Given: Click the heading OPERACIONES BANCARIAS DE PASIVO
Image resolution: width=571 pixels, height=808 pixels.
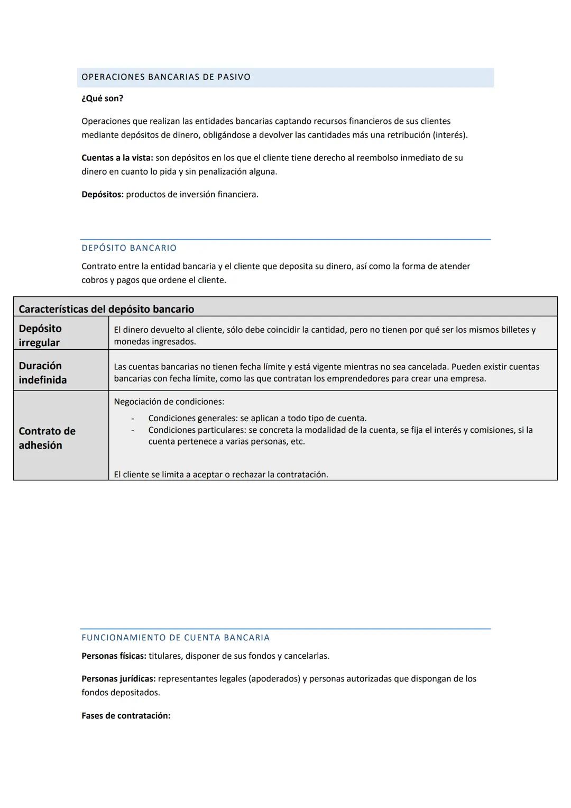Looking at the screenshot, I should (166, 77).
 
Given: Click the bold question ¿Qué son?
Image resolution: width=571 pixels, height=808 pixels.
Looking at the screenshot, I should (102, 98).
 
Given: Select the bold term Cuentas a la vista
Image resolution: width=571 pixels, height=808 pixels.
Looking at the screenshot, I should (117, 158).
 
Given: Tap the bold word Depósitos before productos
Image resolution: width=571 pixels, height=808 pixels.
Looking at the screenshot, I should (103, 194).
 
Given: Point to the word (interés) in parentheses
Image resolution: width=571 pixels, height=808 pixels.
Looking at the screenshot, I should (450, 135).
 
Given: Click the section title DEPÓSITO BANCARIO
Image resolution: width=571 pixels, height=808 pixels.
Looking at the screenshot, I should (129, 248).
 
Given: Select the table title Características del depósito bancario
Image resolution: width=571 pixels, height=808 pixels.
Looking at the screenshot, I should (106, 309).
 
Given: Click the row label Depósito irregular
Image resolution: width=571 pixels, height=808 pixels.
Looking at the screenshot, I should (40, 335).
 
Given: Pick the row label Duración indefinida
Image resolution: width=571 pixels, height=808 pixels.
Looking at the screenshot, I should (42, 373).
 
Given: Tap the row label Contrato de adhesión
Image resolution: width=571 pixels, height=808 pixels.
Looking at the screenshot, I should (47, 438).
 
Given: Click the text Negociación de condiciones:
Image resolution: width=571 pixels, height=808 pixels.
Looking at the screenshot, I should (169, 402).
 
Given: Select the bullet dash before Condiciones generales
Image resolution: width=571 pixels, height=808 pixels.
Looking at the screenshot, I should (133, 419).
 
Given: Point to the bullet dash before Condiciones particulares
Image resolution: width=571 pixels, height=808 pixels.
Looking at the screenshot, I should (133, 430).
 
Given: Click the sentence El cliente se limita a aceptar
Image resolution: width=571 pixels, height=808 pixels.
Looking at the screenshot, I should (220, 475).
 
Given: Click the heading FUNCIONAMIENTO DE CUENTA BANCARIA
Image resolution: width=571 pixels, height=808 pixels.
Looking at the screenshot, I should (176, 638).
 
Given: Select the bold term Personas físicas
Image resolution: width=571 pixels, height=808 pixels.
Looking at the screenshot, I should (114, 656).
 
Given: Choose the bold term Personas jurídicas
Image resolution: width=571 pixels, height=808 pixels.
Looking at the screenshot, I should (118, 679).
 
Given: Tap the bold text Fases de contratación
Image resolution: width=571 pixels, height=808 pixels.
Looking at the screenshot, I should (126, 716).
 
